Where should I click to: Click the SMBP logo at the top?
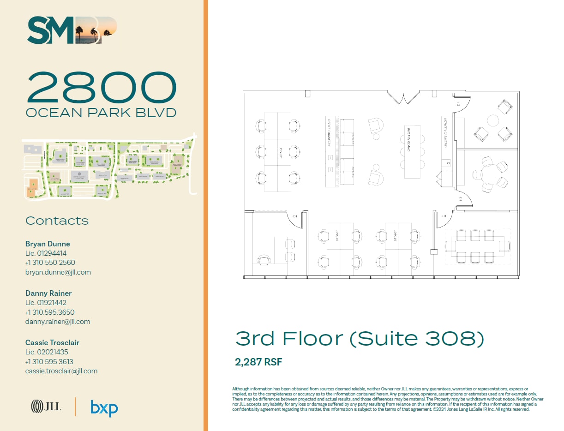[72, 30]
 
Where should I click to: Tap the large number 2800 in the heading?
[102, 88]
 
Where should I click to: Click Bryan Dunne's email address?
[58, 272]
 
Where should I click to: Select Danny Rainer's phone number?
[50, 312]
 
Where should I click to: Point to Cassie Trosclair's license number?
[47, 352]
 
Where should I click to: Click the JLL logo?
[46, 406]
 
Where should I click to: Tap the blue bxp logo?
[104, 408]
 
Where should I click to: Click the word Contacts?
[57, 221]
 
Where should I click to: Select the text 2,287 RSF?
[258, 362]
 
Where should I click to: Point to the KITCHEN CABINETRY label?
[446, 132]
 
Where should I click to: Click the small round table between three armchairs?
[493, 121]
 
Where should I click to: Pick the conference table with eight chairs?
[477, 246]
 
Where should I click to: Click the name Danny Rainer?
[48, 293]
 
